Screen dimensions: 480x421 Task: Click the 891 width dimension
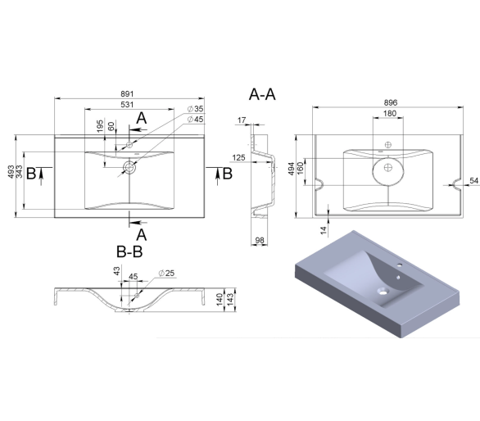(x=127, y=93)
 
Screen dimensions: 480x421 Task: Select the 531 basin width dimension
(x=127, y=104)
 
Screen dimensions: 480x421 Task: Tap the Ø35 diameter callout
(x=195, y=109)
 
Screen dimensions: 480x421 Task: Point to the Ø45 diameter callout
(x=195, y=119)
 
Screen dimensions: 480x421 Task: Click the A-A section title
(x=262, y=94)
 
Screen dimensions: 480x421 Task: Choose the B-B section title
(x=129, y=252)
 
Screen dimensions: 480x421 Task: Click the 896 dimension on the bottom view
(x=390, y=102)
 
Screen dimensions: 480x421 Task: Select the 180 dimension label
(x=390, y=113)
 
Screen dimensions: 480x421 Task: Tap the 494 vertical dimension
(x=291, y=169)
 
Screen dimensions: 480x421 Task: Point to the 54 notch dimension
(x=474, y=181)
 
